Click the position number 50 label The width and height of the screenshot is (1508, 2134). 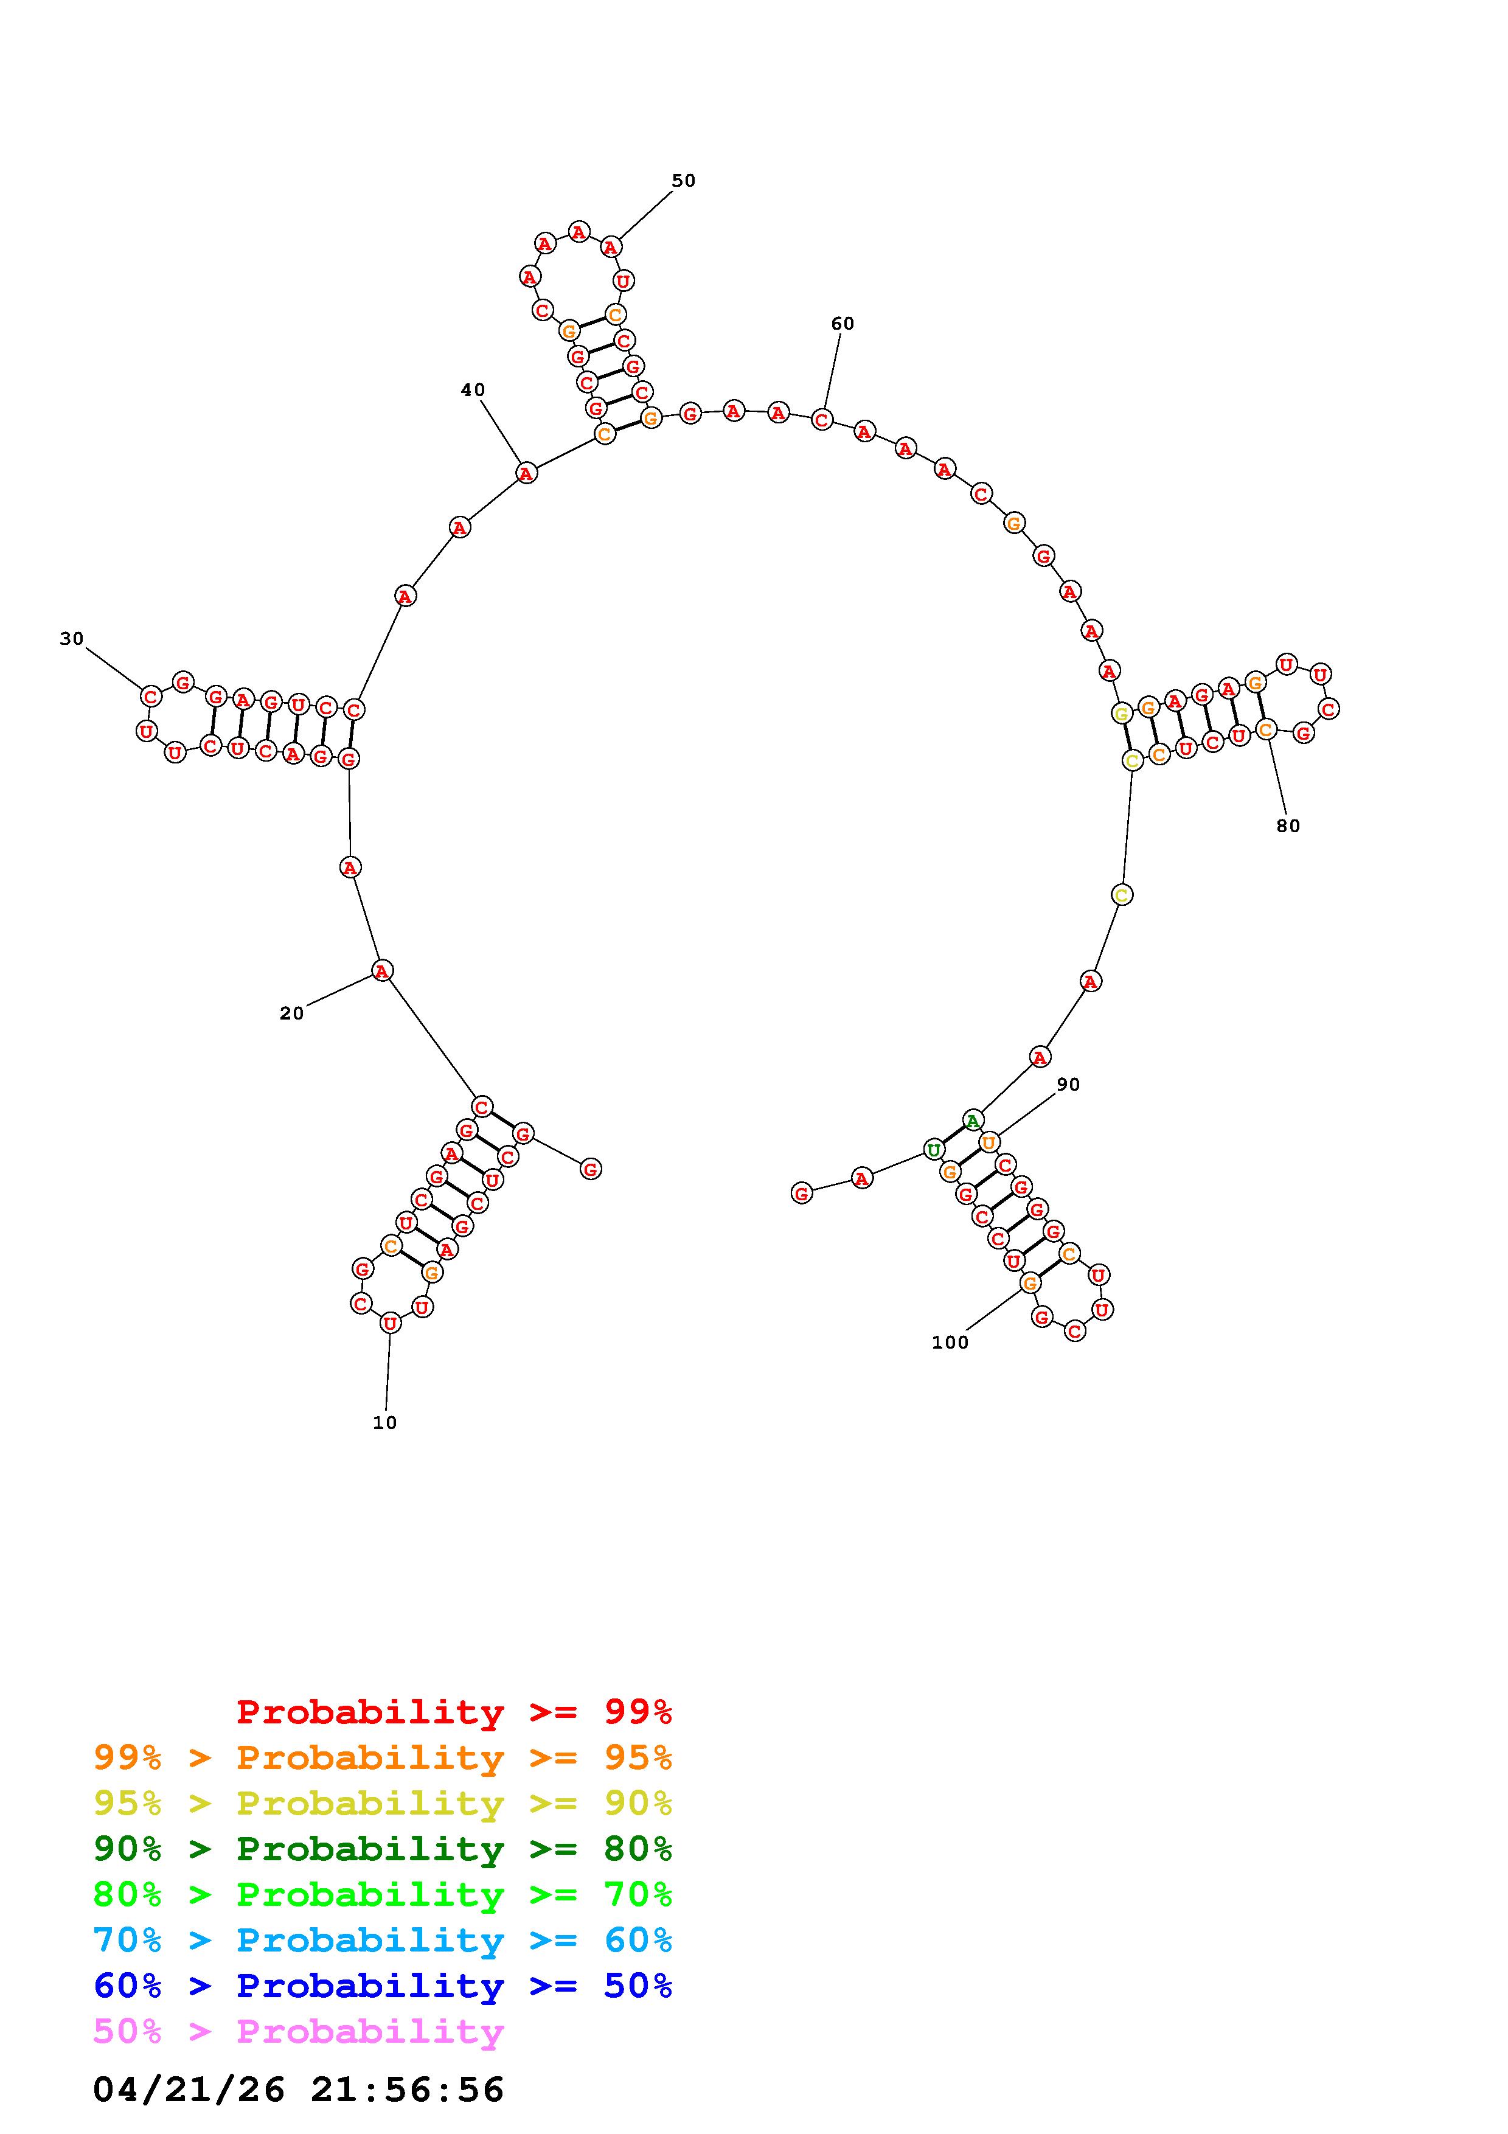pyautogui.click(x=684, y=180)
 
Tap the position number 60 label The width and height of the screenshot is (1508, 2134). pyautogui.click(x=843, y=324)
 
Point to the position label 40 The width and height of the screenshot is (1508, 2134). pyautogui.click(x=473, y=391)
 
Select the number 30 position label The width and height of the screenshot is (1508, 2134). pyautogui.click(x=72, y=639)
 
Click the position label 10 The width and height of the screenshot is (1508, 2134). pyautogui.click(x=384, y=1422)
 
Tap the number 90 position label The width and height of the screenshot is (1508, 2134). pyautogui.click(x=1069, y=1085)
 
